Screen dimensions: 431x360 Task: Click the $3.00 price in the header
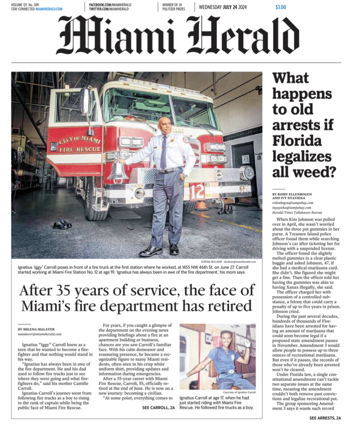point(280,7)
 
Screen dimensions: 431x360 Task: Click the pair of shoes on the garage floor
point(62,224)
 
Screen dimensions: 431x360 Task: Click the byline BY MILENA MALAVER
point(37,329)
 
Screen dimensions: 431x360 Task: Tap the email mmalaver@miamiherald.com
point(40,334)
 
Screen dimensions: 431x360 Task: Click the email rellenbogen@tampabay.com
point(294,202)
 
